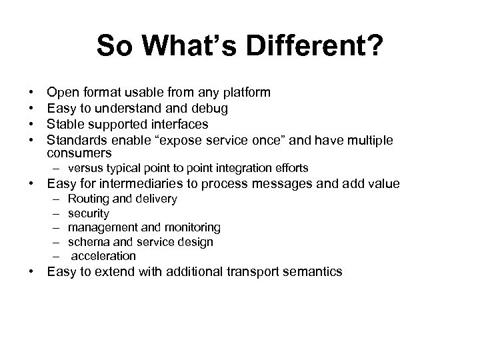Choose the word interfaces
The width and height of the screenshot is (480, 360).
[x=178, y=124]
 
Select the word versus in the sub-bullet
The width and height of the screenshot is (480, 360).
[x=85, y=168]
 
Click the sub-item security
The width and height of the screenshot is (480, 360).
[x=89, y=213]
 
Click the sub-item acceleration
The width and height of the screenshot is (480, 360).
[x=103, y=256]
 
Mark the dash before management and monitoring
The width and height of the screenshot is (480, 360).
[x=53, y=228]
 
